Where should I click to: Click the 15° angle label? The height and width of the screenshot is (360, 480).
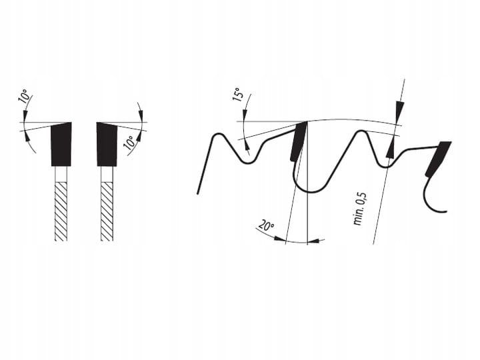tap(238, 94)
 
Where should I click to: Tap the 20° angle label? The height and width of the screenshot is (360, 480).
tap(266, 226)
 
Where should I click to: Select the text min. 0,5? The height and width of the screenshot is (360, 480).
tap(359, 209)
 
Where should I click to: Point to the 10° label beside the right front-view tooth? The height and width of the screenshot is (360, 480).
tap(129, 143)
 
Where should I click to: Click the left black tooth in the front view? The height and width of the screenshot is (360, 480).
tap(61, 144)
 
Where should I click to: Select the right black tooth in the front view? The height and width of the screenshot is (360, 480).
tap(107, 144)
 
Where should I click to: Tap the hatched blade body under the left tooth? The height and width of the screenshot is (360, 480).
tap(61, 211)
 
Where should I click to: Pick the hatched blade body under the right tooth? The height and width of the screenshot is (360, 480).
tap(107, 211)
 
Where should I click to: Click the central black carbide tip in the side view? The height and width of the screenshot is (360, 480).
tap(298, 141)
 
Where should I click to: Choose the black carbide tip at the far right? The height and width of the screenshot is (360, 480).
tap(438, 159)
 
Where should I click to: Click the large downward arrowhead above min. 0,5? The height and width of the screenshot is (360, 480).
tap(399, 110)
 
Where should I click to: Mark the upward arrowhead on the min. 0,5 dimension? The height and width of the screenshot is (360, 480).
tap(390, 150)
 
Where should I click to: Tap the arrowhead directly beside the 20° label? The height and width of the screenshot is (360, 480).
tap(279, 239)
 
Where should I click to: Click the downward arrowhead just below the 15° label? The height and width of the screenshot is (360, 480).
tap(245, 116)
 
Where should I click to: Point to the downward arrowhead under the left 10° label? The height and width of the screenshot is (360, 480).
tap(25, 116)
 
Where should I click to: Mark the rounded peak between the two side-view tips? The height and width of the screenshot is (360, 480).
tap(360, 135)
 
